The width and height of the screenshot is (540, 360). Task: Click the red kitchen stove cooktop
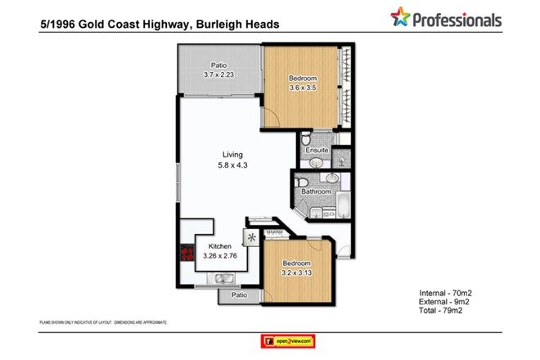185,254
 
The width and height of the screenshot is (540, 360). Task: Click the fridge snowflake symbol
252,238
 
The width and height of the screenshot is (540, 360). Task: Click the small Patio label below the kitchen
239,295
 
